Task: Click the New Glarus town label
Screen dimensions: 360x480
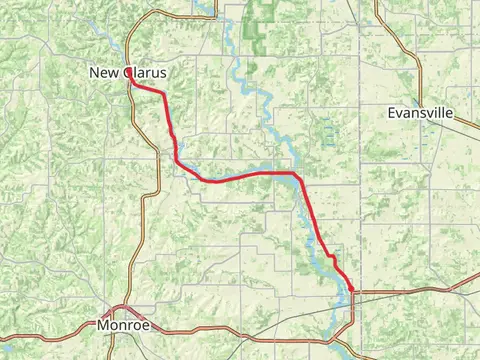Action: pyautogui.click(x=128, y=73)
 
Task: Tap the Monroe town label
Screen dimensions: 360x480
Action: pyautogui.click(x=124, y=325)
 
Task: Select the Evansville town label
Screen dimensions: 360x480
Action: pyautogui.click(x=421, y=114)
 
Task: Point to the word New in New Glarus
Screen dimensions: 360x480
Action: pyautogui.click(x=104, y=73)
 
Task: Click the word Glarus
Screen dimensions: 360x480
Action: pyautogui.click(x=145, y=73)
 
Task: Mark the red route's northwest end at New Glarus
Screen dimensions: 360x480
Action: pyautogui.click(x=130, y=82)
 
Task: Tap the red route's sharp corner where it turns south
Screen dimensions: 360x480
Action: pyautogui.click(x=296, y=174)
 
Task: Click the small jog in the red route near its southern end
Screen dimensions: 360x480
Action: pyautogui.click(x=330, y=257)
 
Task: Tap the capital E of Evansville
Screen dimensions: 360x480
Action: pyautogui.click(x=392, y=114)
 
